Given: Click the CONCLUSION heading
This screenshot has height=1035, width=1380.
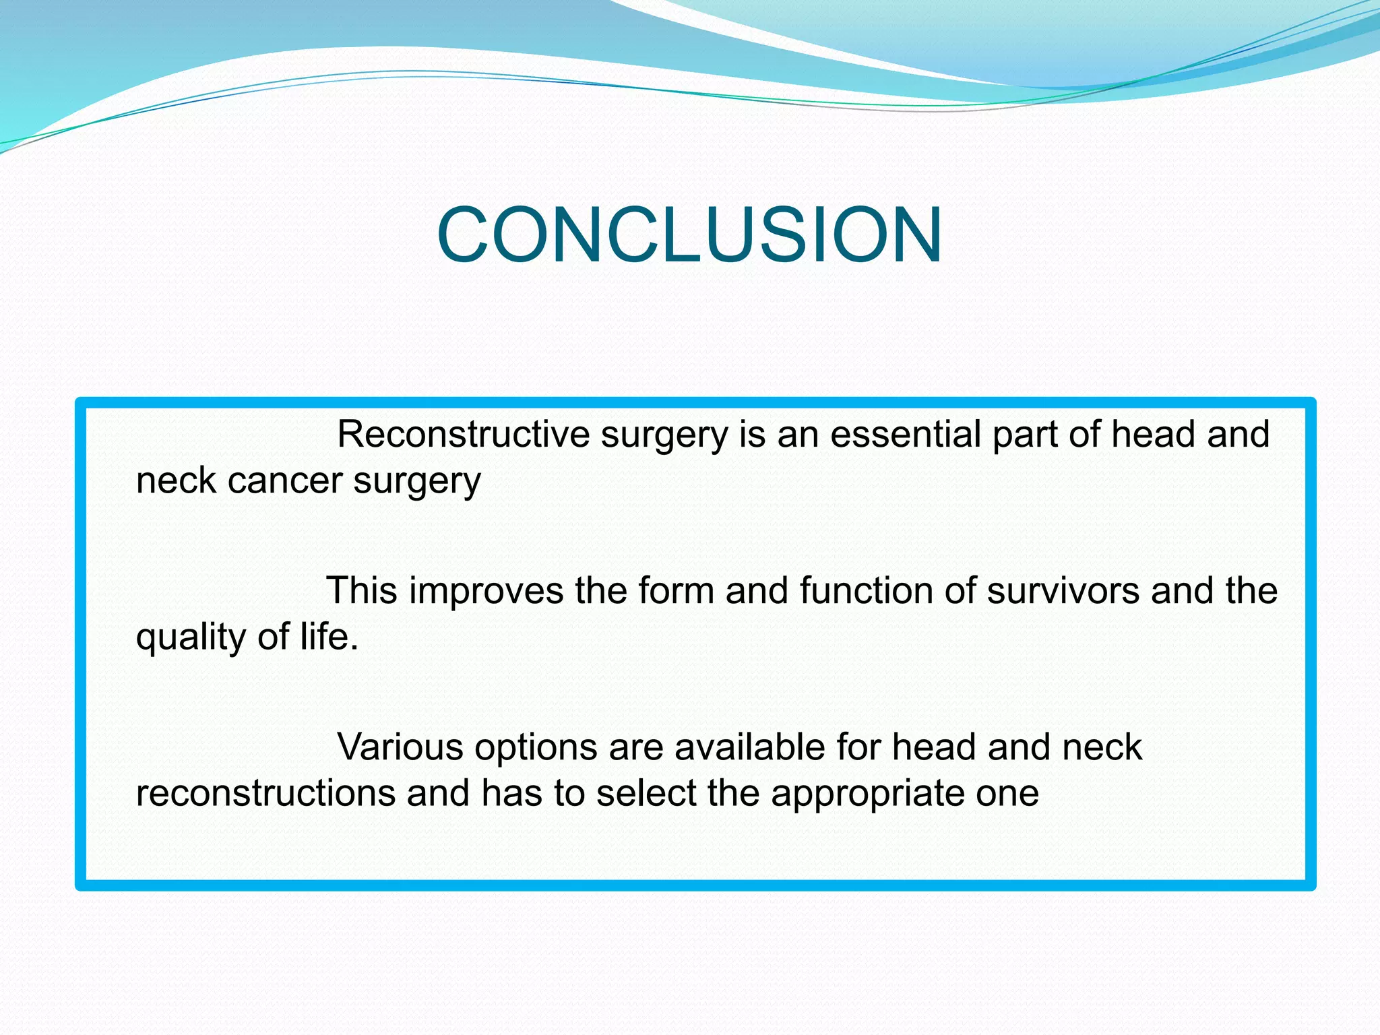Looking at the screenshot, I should pos(689,234).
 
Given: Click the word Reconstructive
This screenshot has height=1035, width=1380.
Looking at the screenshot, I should pos(463,435).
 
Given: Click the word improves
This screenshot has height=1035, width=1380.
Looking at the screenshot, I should pos(486,591).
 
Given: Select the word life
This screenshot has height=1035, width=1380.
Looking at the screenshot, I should pos(329,636).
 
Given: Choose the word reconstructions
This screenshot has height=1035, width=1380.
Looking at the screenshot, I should pos(265,793).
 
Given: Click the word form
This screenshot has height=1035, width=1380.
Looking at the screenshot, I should pos(675,591).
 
